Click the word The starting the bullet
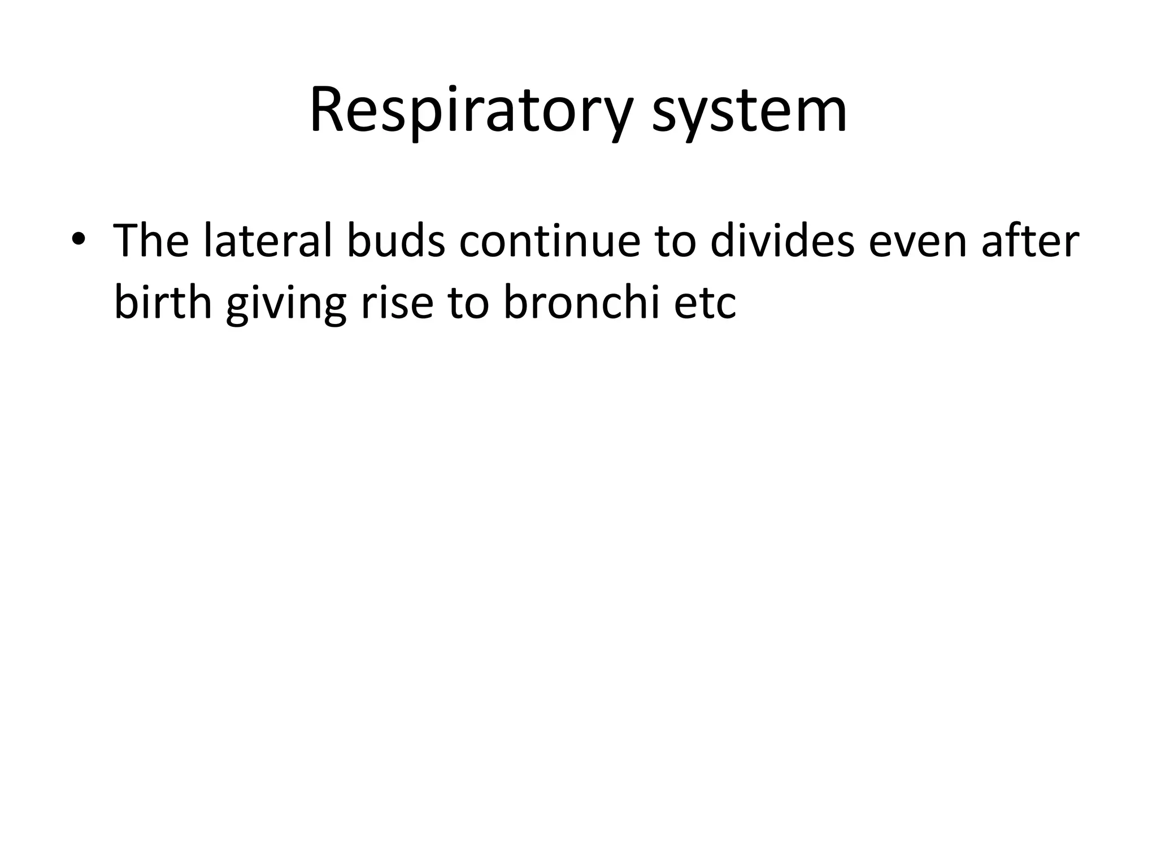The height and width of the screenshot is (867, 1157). pyautogui.click(x=151, y=241)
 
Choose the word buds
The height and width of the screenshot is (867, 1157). pyautogui.click(x=395, y=241)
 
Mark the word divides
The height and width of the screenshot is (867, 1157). pyautogui.click(x=782, y=241)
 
